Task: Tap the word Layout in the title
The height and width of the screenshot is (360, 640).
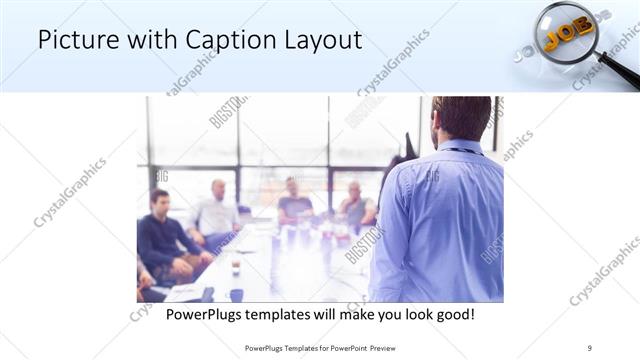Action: (323, 41)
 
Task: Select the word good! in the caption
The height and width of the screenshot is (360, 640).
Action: (453, 315)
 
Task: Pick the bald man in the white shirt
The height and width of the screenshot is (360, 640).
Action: (216, 210)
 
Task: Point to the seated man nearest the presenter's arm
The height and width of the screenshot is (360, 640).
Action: (355, 206)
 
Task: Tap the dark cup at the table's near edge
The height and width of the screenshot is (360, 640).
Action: (236, 294)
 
